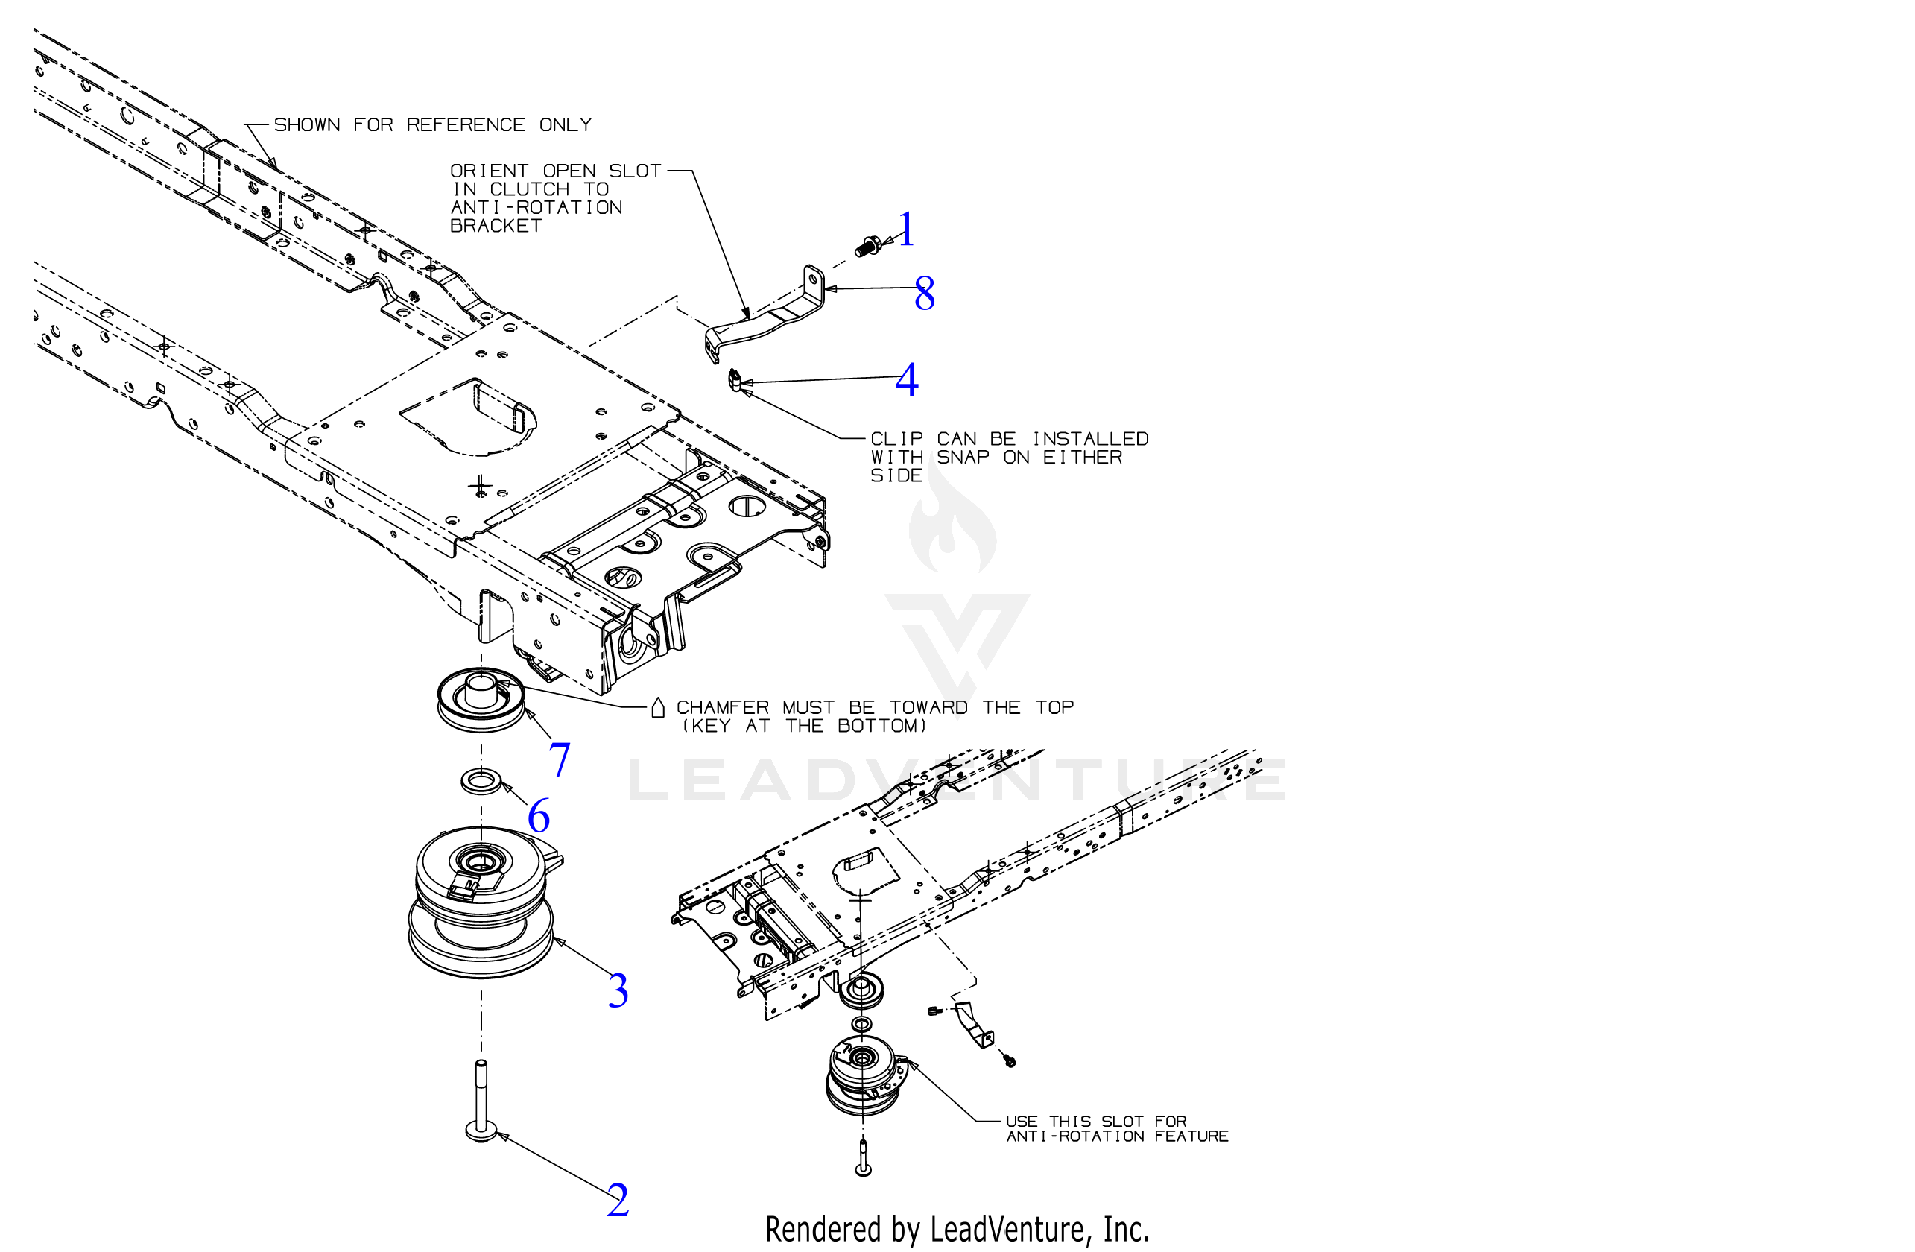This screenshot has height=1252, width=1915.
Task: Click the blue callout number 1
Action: click(x=907, y=230)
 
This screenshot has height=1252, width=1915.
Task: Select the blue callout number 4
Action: click(x=907, y=380)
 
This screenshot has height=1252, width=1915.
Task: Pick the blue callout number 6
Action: click(x=538, y=816)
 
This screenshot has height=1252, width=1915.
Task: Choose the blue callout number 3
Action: click(x=618, y=990)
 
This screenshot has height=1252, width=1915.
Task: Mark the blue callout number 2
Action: click(x=618, y=1200)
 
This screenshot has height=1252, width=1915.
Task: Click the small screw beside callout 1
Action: click(x=867, y=245)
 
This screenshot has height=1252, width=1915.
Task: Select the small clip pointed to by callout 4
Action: click(x=734, y=380)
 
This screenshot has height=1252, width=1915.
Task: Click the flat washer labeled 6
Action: click(x=481, y=780)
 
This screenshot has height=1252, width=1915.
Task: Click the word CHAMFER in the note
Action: click(x=722, y=708)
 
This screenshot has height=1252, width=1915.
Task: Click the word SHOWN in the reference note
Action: click(x=306, y=125)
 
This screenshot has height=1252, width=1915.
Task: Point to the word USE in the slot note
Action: click(x=1021, y=1122)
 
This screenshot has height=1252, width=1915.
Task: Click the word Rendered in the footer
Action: click(x=823, y=1229)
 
